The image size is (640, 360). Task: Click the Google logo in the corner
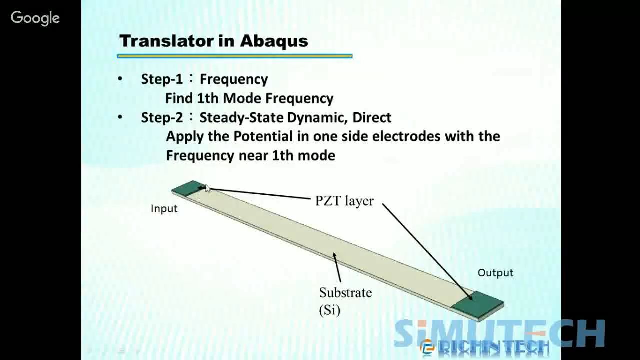click(x=35, y=18)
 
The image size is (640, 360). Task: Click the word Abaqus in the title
click(x=274, y=41)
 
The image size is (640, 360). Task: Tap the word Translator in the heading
click(x=167, y=41)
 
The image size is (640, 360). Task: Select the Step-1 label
click(x=162, y=79)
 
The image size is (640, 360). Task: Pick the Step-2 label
click(x=162, y=117)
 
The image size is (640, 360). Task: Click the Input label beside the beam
click(x=164, y=209)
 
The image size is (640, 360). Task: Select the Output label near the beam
click(x=495, y=273)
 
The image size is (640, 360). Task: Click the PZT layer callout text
click(x=344, y=201)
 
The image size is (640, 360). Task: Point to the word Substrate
click(x=345, y=293)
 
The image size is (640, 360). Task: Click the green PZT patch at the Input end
click(x=189, y=188)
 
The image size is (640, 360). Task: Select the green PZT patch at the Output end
click(x=477, y=304)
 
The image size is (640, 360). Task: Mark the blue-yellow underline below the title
click(x=235, y=56)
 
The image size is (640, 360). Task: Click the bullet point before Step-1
click(x=120, y=78)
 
